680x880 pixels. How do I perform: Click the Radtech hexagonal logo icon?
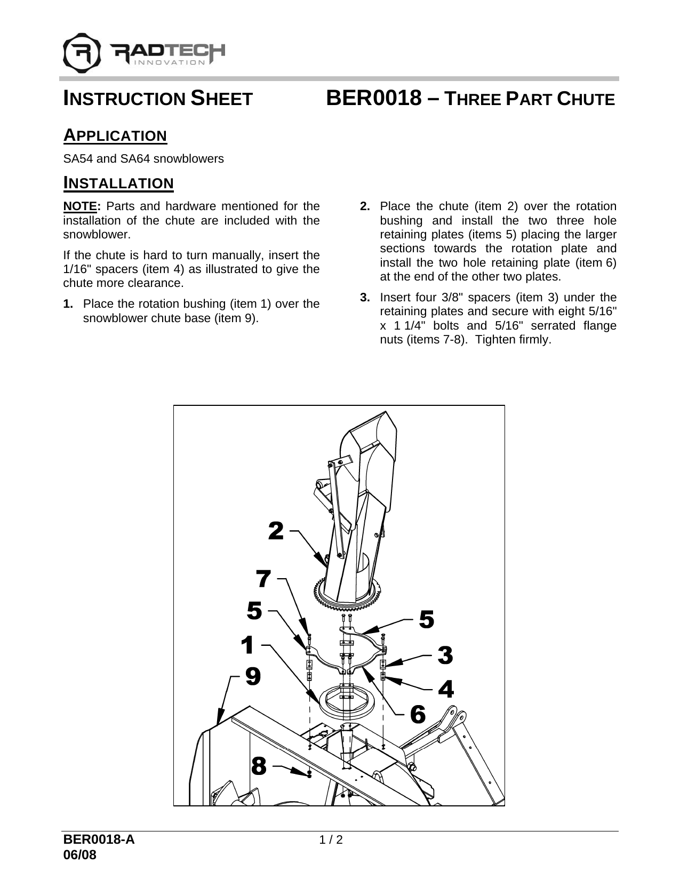pyautogui.click(x=82, y=52)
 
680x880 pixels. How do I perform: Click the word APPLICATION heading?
pyautogui.click(x=115, y=135)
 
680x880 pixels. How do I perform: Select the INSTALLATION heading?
pyautogui.click(x=118, y=183)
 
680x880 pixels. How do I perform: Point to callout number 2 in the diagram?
pyautogui.click(x=276, y=531)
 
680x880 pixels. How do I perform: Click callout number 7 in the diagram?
pyautogui.click(x=263, y=578)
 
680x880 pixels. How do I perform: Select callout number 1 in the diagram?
pyautogui.click(x=247, y=645)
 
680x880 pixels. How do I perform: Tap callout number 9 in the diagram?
pyautogui.click(x=253, y=677)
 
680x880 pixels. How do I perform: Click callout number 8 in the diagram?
pyautogui.click(x=259, y=767)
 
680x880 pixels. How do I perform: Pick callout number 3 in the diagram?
pyautogui.click(x=445, y=655)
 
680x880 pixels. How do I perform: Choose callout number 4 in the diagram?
pyautogui.click(x=446, y=689)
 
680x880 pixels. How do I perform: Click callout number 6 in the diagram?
pyautogui.click(x=418, y=714)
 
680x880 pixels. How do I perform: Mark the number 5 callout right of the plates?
pyautogui.click(x=427, y=619)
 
